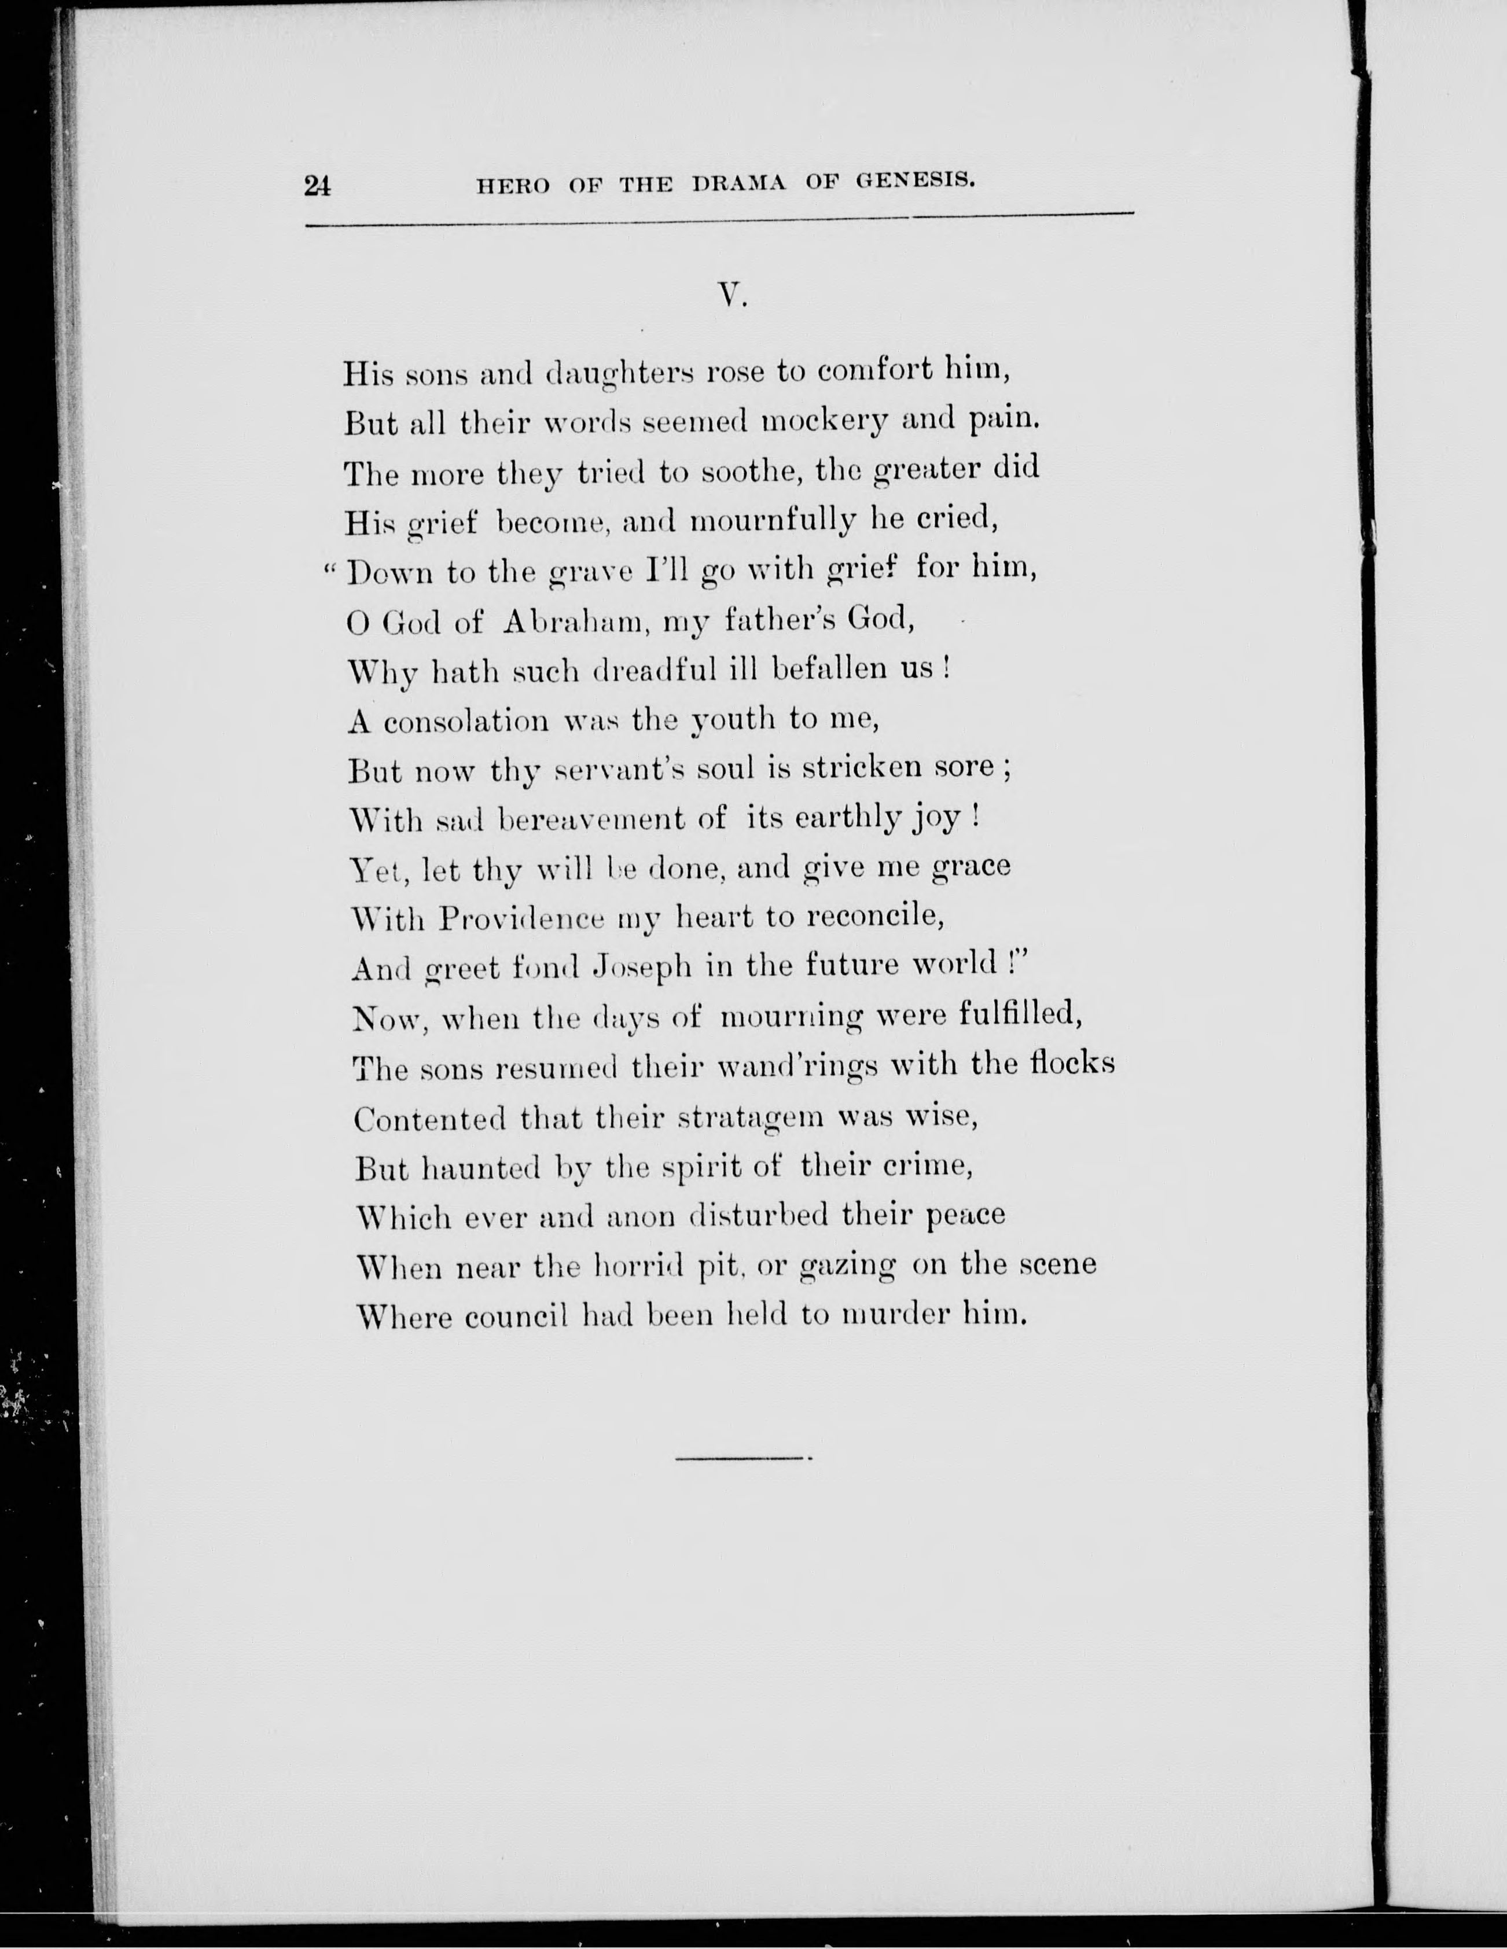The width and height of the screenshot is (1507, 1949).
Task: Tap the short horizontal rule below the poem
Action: (x=741, y=1458)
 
